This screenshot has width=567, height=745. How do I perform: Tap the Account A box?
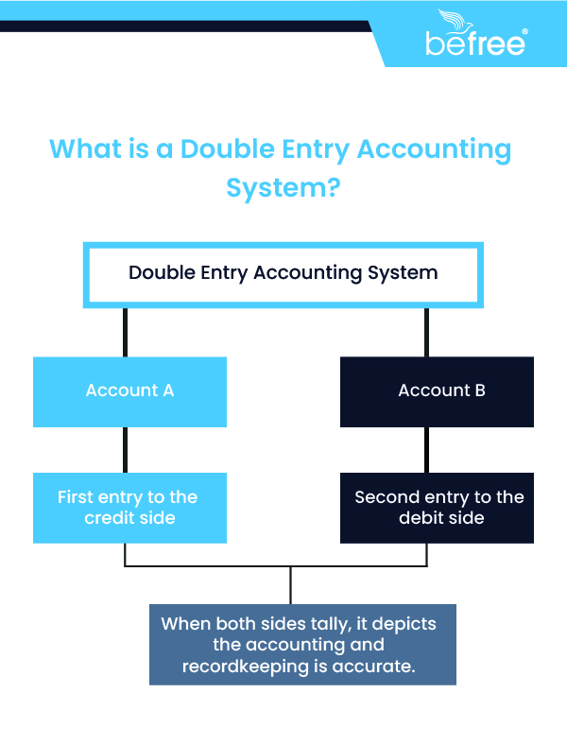[x=129, y=390]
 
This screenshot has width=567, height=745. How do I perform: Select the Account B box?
[x=437, y=390]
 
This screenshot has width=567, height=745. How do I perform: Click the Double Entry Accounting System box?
[x=283, y=273]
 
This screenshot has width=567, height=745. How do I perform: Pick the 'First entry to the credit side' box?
[x=129, y=508]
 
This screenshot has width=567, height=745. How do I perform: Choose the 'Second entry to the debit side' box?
[x=437, y=508]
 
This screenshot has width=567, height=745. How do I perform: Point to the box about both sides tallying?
[x=302, y=645]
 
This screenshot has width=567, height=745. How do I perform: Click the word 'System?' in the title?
[x=283, y=187]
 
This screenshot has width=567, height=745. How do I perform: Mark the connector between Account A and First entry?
[x=125, y=449]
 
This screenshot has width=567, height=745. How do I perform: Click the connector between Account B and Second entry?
[x=426, y=449]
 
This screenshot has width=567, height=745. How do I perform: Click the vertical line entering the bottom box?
[x=290, y=585]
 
